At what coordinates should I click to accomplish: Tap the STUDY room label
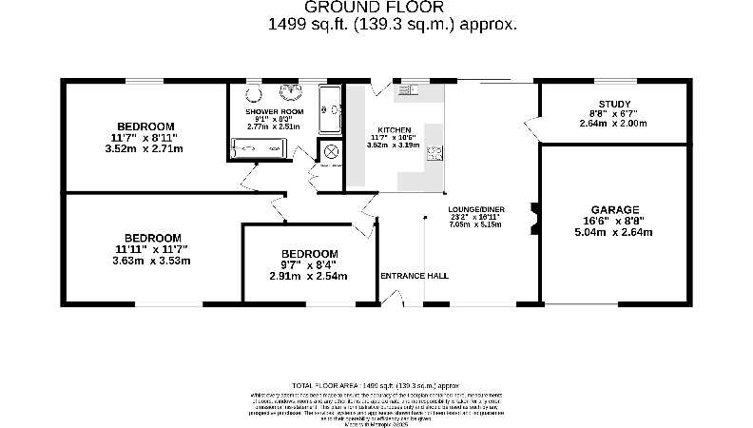click(x=613, y=104)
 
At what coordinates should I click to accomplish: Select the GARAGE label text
click(x=614, y=209)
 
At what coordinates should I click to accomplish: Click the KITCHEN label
click(x=394, y=129)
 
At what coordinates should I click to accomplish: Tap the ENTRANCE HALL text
click(x=415, y=276)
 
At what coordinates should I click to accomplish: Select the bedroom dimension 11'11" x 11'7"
click(x=152, y=249)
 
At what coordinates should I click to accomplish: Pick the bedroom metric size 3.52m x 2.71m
click(x=144, y=148)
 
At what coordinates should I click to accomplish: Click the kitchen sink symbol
click(x=410, y=90)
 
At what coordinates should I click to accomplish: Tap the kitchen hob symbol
click(x=434, y=154)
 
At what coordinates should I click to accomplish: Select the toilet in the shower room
click(x=253, y=93)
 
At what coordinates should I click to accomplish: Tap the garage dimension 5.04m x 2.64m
click(x=614, y=232)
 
